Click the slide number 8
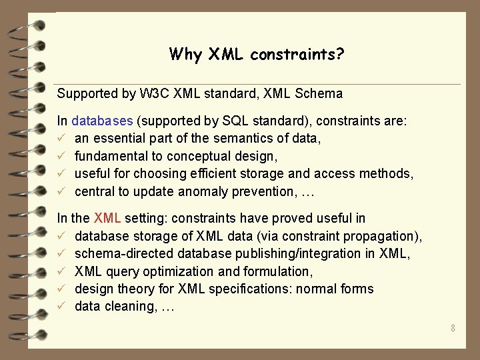tap(453, 328)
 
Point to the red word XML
tap(107, 218)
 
